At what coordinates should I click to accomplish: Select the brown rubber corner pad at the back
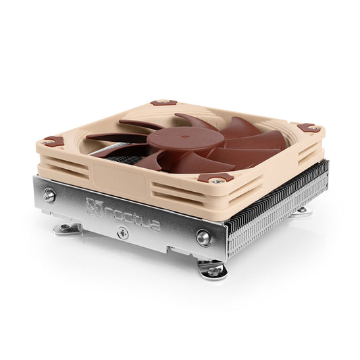[x=160, y=103]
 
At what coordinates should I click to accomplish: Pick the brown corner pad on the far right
[x=307, y=127]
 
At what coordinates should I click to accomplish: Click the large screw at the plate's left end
[x=49, y=196]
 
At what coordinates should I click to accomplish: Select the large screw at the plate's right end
[x=203, y=236]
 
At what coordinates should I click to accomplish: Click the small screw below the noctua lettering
[x=122, y=233]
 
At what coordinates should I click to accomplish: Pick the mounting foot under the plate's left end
[x=66, y=228]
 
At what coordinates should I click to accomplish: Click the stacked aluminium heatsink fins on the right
[x=277, y=203]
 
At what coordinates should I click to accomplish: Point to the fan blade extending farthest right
[x=260, y=140]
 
